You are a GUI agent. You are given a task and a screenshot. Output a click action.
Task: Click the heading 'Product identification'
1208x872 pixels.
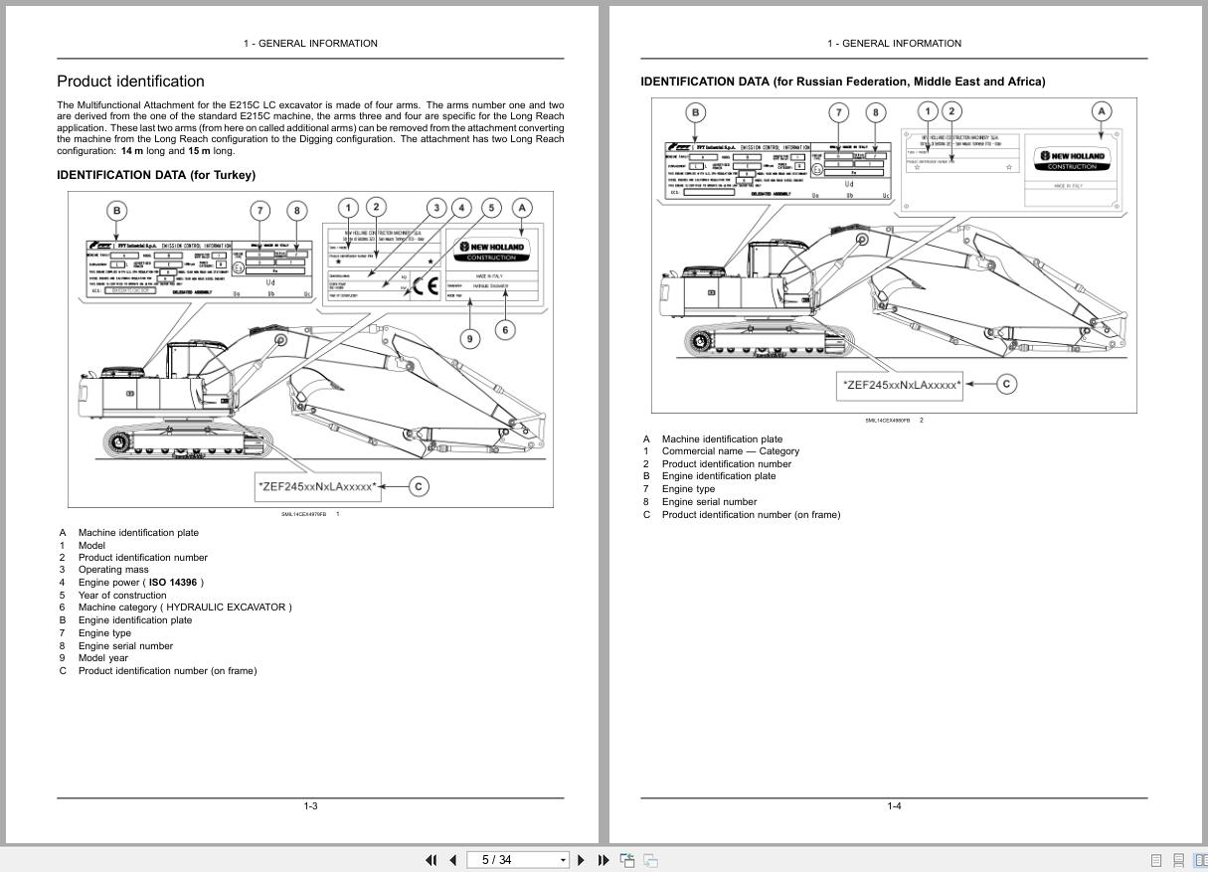coord(130,82)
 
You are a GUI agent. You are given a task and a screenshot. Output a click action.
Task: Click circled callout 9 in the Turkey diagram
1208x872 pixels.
coord(470,339)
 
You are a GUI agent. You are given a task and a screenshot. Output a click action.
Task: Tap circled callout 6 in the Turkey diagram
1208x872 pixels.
coord(505,329)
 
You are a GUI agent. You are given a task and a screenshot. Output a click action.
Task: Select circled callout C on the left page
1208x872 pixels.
coord(420,486)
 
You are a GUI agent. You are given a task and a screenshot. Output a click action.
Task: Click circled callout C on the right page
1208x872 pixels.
coord(1006,384)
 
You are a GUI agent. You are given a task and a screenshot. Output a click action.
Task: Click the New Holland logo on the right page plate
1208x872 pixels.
coord(1072,159)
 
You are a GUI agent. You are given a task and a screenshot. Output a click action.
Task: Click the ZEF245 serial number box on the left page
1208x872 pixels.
coord(318,486)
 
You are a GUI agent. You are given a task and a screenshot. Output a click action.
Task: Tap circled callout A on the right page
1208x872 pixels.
coord(1101,111)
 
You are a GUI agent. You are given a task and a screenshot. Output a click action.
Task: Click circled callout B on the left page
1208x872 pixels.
coord(117,210)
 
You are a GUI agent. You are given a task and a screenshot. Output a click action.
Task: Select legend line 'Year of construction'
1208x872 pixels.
coord(122,596)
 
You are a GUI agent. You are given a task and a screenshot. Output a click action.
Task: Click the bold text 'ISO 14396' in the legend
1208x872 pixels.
coord(173,583)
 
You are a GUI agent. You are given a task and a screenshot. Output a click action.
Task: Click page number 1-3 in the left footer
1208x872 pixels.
coord(310,805)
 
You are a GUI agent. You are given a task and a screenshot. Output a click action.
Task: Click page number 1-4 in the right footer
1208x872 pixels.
coord(894,805)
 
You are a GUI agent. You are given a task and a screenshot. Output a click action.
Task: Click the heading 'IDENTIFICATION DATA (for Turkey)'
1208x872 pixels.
coord(156,175)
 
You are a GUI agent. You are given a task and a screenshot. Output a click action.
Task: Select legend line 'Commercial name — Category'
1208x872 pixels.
coord(730,451)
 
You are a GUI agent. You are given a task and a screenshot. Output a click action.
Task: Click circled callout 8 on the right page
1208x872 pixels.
coord(875,112)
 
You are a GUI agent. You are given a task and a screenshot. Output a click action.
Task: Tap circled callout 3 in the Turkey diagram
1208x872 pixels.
coord(435,208)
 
